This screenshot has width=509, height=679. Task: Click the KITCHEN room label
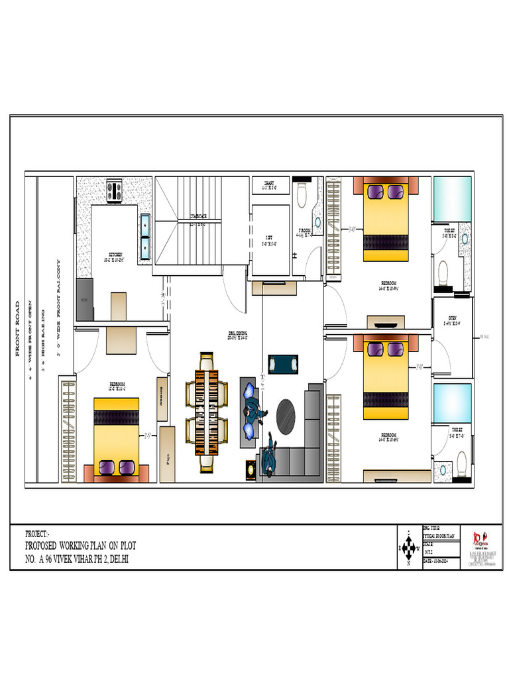(115, 255)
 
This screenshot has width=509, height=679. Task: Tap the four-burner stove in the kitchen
(114, 191)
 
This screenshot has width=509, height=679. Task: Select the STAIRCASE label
(198, 216)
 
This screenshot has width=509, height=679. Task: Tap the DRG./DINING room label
(237, 334)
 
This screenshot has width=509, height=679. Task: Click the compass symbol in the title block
(408, 548)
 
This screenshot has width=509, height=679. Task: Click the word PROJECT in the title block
(36, 534)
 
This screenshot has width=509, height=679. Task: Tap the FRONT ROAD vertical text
(18, 329)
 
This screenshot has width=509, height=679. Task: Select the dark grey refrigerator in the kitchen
(85, 300)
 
